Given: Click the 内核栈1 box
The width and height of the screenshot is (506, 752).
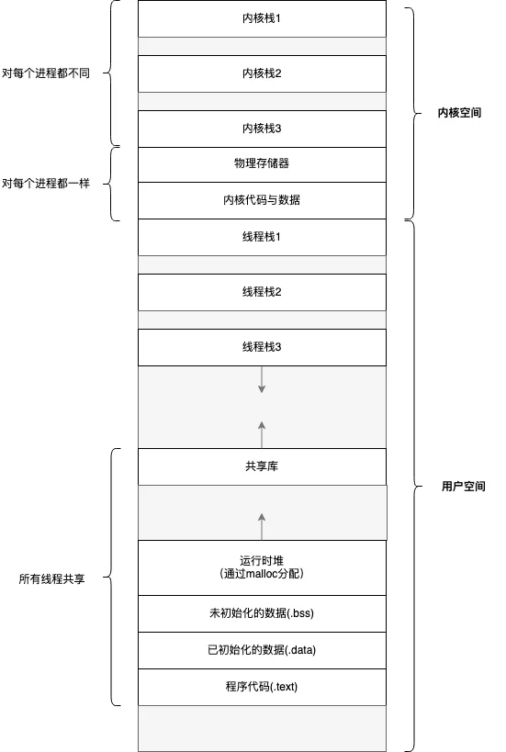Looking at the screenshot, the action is tap(262, 18).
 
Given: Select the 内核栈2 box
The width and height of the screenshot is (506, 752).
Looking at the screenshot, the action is tap(262, 73).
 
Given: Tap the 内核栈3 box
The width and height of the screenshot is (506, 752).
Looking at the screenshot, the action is tap(262, 129).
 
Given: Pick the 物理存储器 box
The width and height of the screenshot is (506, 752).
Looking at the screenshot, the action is tap(262, 164).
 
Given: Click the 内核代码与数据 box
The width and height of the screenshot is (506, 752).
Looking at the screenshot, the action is tap(262, 200).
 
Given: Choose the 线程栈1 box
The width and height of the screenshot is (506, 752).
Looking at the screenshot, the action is tap(262, 237).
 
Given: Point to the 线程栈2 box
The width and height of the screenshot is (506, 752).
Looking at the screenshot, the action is tap(262, 292).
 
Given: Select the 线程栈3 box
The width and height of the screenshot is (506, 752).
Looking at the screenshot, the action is tap(262, 347).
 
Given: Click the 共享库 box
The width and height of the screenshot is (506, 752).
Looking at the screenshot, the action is tap(262, 466).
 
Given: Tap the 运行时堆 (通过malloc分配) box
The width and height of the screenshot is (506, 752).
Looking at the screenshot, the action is tap(262, 567).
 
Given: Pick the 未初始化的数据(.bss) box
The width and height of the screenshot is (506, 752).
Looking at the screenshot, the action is tap(262, 614).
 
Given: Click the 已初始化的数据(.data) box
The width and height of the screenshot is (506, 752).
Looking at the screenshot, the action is tap(262, 650).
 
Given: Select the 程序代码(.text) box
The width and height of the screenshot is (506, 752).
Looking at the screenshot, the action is tap(262, 687).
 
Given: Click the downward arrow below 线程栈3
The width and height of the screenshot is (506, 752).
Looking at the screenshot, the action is tap(262, 379).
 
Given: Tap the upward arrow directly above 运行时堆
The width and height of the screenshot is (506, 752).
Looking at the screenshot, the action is tap(262, 527).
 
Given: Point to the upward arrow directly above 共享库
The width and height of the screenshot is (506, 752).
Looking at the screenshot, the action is tap(262, 435).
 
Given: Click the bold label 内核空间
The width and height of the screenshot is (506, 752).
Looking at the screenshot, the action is tap(459, 113).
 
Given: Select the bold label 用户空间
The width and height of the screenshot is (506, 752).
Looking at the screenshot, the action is tap(464, 487).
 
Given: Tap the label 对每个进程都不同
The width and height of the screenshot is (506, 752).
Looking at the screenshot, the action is tap(46, 73).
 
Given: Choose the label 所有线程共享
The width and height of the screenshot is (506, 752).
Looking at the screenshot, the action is tap(51, 578).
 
